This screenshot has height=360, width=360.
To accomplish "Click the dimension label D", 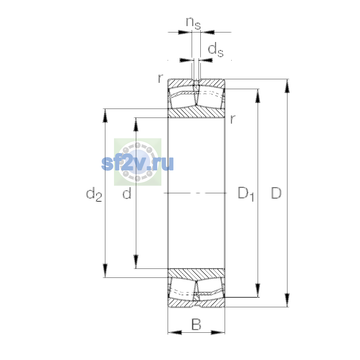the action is click(276, 193).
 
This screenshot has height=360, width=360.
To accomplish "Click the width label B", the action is click(196, 324).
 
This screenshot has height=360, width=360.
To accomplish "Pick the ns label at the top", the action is click(193, 23).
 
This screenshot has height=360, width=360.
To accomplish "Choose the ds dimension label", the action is click(216, 49).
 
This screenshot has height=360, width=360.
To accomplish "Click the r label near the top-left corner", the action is click(160, 79).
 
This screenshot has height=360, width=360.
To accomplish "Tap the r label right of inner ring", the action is click(232, 119).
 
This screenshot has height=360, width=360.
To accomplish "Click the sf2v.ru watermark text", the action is click(137, 163).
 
